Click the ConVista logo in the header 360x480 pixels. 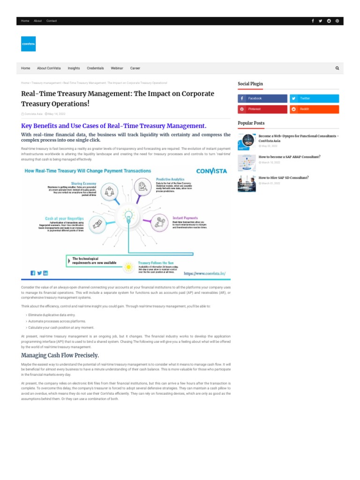point(28,44)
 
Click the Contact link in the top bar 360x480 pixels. point(52,21)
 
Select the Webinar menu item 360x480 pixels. point(117,68)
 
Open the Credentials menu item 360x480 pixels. point(95,68)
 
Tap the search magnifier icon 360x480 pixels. point(337,68)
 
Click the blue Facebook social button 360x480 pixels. point(262,98)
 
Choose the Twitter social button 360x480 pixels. point(314,98)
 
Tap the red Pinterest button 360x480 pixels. point(262,109)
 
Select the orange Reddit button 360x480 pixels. point(314,109)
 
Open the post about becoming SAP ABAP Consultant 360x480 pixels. point(289,157)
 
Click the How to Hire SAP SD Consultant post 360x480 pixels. point(283,178)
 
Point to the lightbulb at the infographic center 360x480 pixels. point(128,216)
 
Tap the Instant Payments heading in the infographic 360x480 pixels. point(185,218)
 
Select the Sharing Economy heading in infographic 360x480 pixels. point(83,183)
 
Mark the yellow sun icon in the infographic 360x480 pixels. point(128,267)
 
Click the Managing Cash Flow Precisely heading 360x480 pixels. point(60,355)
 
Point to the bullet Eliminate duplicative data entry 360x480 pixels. point(51,315)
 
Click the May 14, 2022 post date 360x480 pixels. point(56,114)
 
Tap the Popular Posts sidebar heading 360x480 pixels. point(251,123)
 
